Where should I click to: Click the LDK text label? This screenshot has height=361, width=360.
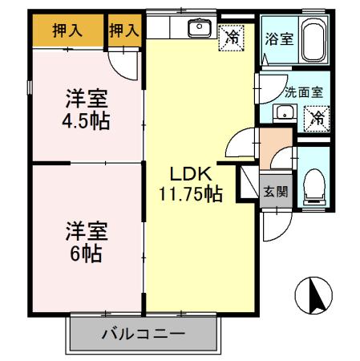pyautogui.click(x=190, y=172)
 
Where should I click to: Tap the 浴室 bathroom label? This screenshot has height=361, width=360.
pyautogui.click(x=278, y=39)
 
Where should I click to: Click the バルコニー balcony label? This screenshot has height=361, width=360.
pyautogui.click(x=144, y=333)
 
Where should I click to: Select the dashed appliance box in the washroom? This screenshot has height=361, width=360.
pyautogui.click(x=316, y=118)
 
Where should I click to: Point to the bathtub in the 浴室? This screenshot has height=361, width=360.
pyautogui.click(x=313, y=40)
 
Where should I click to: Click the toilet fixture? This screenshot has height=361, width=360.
pyautogui.click(x=313, y=185)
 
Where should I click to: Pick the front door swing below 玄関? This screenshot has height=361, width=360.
pyautogui.click(x=273, y=229)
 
